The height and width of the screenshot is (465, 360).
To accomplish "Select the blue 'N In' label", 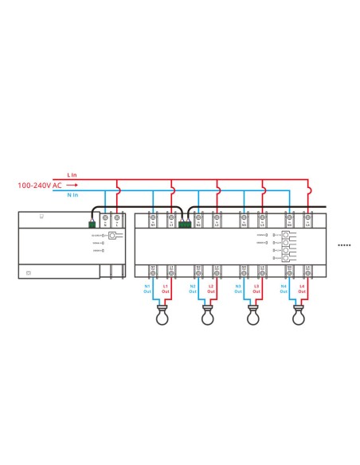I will [72, 194].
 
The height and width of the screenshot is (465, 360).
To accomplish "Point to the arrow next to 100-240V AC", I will [71, 185].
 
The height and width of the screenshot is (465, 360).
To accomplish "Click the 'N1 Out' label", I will [147, 287].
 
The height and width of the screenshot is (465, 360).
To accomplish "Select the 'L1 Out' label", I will [166, 287].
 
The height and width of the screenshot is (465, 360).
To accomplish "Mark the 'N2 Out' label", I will [193, 287].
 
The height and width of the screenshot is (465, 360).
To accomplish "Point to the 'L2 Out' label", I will [211, 287].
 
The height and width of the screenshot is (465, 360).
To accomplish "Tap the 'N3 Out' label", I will [238, 287].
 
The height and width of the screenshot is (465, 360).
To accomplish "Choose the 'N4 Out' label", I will [285, 287].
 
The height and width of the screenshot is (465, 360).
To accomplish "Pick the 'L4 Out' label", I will [303, 287].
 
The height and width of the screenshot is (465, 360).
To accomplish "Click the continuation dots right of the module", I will [344, 246].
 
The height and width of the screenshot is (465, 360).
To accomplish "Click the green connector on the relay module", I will [186, 225].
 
